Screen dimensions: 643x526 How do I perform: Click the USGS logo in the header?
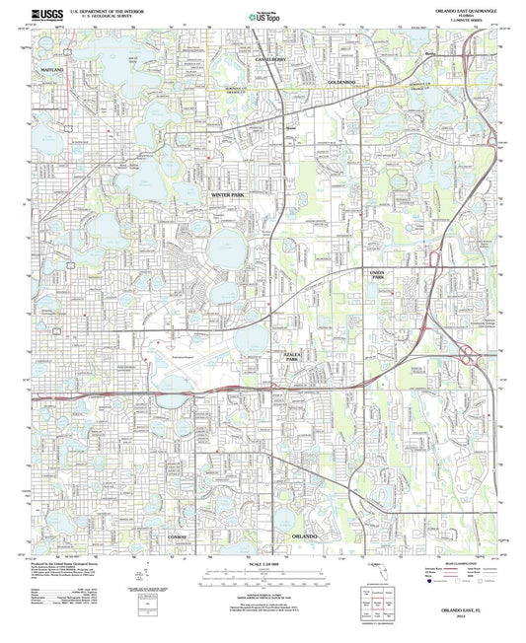pos(49,14)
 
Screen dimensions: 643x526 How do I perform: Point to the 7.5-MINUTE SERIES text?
pos(472,20)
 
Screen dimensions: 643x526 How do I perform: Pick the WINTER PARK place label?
pos(233,196)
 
